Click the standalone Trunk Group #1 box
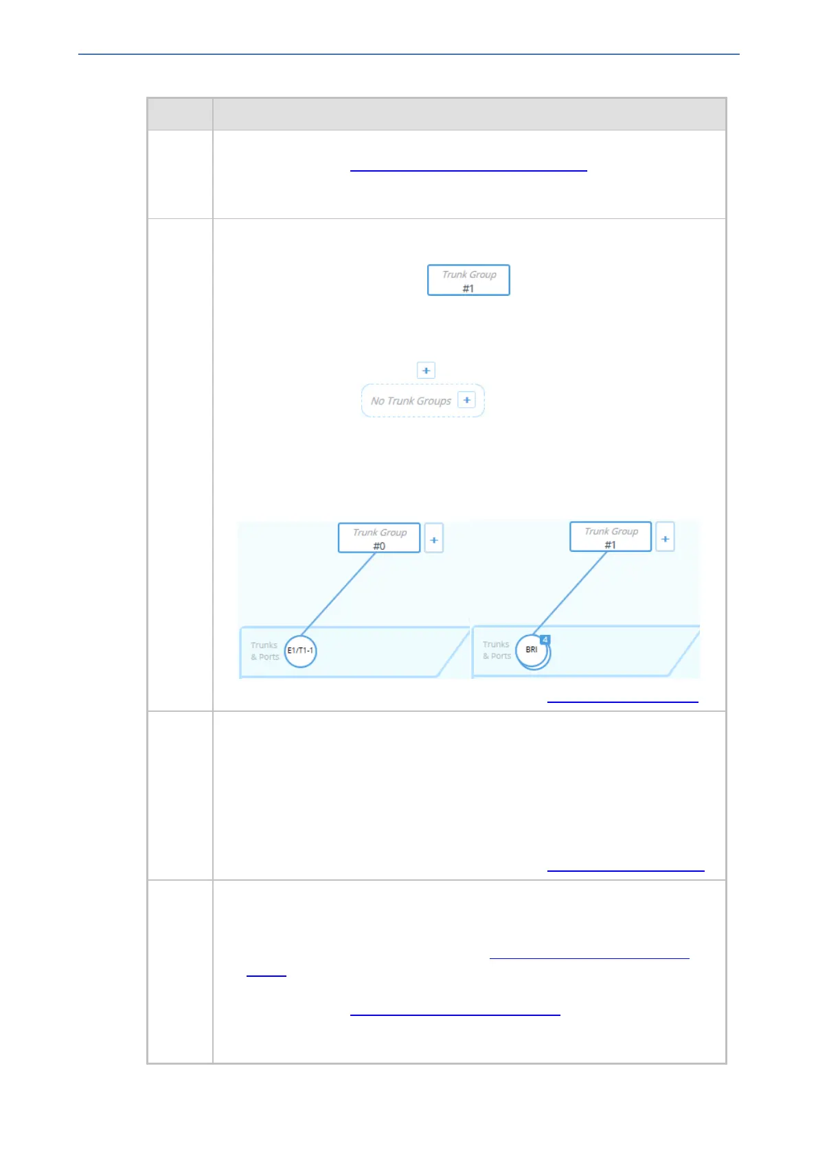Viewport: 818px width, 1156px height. pos(468,280)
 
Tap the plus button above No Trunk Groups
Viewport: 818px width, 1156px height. pos(426,371)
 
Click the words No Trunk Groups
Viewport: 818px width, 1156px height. pos(411,401)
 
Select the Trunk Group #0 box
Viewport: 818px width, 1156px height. pos(379,538)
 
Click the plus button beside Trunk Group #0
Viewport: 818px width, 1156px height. pos(434,540)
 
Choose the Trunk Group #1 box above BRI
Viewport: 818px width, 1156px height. pos(611,537)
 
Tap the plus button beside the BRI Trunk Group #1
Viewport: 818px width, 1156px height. pos(665,538)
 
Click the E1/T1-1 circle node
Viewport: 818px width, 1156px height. pos(300,650)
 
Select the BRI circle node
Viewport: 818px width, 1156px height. pos(532,650)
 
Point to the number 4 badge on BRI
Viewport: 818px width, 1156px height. pos(545,640)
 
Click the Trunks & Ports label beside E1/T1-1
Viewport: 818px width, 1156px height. pos(264,651)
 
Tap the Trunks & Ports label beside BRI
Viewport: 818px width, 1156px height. pos(497,650)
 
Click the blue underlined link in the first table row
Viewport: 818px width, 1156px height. pos(468,169)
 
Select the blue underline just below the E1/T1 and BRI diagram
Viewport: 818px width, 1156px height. pos(622,702)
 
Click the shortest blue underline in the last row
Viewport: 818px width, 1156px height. pos(266,974)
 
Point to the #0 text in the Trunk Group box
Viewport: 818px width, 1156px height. pos(379,546)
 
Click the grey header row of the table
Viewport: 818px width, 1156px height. pos(437,114)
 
